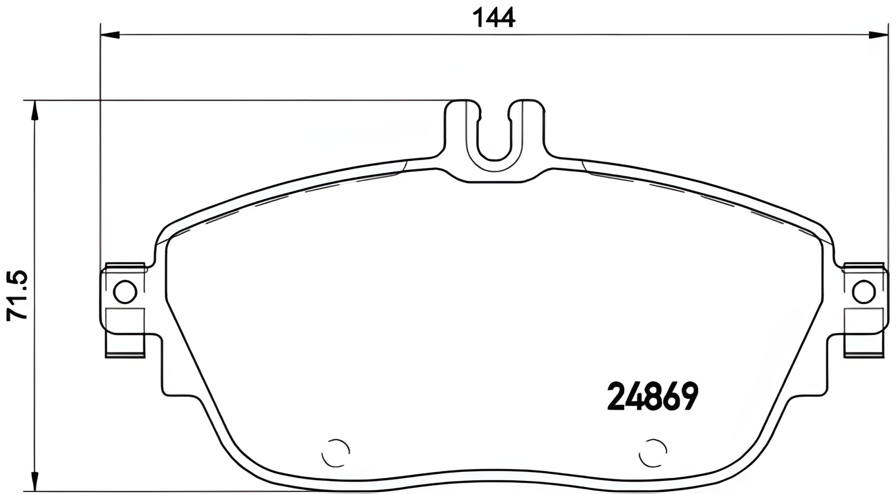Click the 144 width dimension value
[x=494, y=18]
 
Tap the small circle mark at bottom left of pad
[x=336, y=452]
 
